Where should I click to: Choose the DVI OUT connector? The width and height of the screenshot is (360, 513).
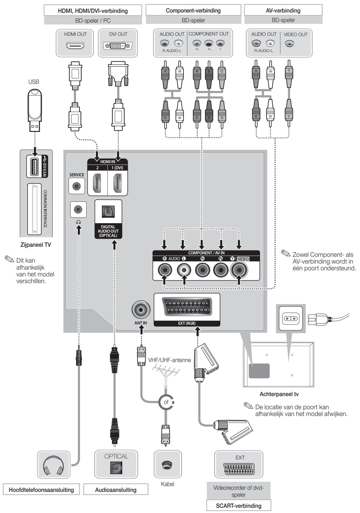[118, 46]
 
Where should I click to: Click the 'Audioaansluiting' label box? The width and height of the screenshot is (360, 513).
[116, 490]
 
